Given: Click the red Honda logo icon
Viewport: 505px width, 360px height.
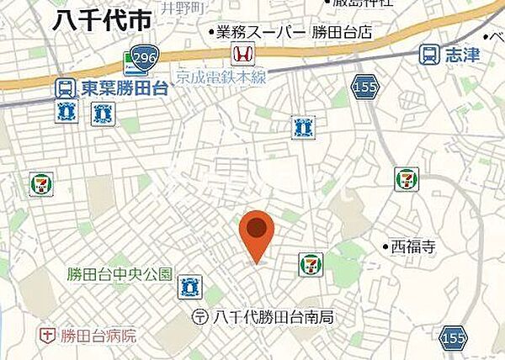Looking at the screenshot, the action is [x=242, y=56].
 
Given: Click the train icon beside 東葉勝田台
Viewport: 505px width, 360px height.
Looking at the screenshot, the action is [x=62, y=87].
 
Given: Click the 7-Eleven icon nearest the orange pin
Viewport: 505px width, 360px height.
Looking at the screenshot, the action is [x=310, y=263].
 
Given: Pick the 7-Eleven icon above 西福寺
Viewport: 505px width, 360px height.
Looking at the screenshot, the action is [x=406, y=178].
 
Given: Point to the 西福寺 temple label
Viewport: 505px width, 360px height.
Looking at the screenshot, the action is [x=412, y=246].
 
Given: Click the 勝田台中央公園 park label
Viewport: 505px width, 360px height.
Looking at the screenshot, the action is [x=120, y=274].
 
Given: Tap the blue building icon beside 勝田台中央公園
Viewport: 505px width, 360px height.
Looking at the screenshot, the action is [x=189, y=287].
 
